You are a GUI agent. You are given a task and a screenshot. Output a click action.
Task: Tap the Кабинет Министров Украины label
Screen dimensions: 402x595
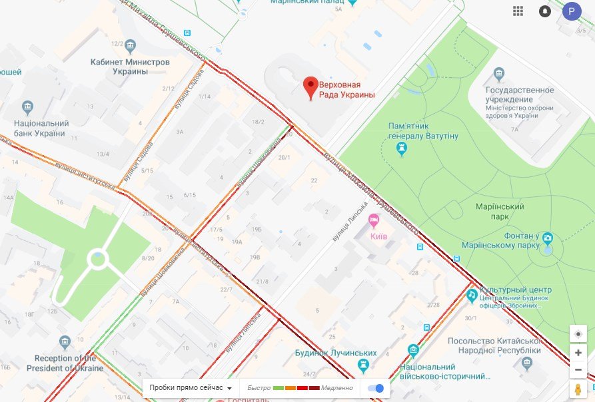click(x=130, y=67)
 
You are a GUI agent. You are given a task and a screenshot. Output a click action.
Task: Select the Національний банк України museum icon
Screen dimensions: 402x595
click(x=27, y=107)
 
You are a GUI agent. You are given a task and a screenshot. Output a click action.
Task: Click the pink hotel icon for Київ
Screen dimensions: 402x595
click(x=374, y=219)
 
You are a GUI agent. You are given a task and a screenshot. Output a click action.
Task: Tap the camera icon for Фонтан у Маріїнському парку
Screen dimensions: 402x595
click(x=548, y=238)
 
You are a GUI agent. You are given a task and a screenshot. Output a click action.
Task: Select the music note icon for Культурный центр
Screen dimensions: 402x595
click(x=471, y=294)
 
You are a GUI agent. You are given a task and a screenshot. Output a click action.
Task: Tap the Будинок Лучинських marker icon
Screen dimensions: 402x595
click(x=362, y=365)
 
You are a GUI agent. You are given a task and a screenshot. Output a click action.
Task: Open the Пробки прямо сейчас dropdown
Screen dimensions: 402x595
click(x=191, y=387)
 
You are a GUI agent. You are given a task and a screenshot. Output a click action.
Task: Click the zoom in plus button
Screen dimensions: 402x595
click(x=578, y=353)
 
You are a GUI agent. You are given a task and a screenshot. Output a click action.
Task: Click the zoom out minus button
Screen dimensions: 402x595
click(x=578, y=369)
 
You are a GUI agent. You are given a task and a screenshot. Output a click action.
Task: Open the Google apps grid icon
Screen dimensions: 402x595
click(x=518, y=11)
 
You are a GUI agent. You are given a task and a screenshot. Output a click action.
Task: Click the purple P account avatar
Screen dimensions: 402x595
click(x=571, y=11)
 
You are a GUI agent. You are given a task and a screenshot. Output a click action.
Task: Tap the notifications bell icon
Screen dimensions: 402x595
click(x=545, y=11)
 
